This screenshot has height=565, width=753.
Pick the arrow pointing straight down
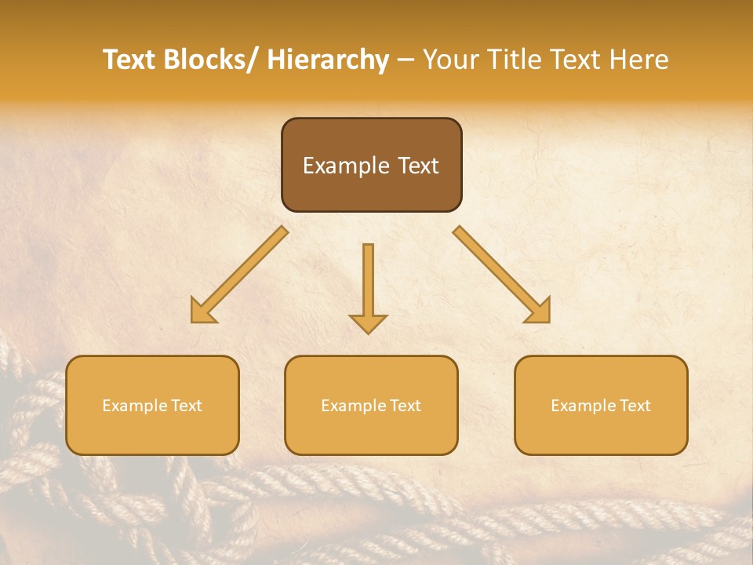click(368, 286)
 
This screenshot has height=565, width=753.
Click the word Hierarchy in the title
click(328, 60)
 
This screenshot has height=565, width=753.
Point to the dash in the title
click(405, 60)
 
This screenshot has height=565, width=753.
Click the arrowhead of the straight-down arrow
click(368, 323)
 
